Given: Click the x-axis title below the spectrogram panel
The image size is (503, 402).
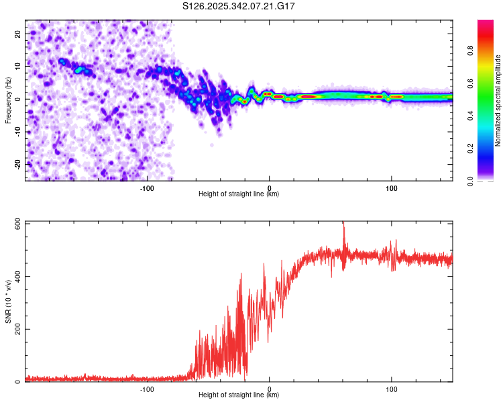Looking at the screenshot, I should click(x=239, y=194).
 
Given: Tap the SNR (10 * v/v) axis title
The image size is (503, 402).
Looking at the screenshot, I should click(x=8, y=301).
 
